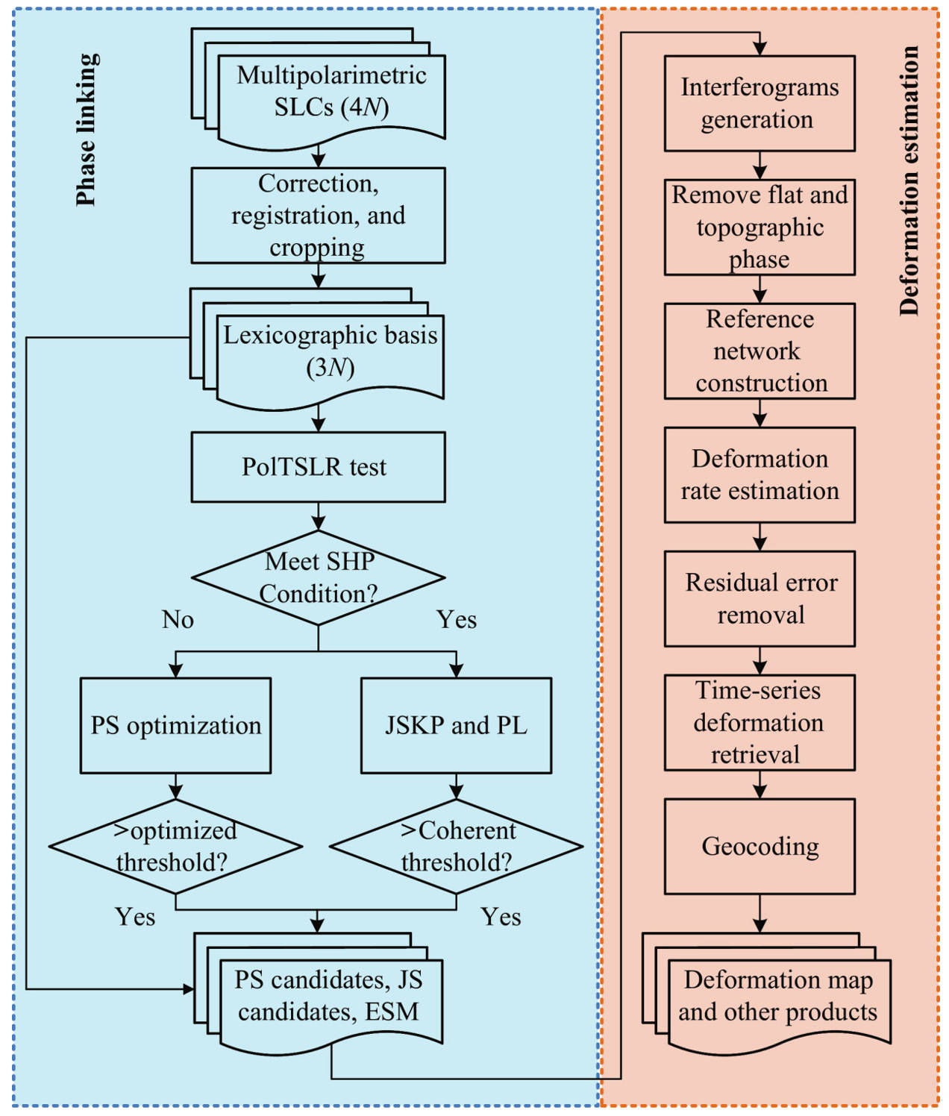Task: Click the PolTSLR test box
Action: pos(318,466)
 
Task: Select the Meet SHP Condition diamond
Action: pos(318,577)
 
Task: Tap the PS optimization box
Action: pos(175,725)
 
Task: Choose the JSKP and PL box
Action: pos(456,725)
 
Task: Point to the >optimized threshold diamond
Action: pos(175,846)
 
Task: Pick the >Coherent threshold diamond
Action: pos(456,846)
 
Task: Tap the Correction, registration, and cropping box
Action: pos(318,215)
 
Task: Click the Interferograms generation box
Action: pos(759,103)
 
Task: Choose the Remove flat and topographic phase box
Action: pos(759,227)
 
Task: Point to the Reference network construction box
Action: pos(759,351)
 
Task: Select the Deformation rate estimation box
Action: pos(759,474)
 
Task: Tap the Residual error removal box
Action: pos(759,598)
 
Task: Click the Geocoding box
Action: pos(759,846)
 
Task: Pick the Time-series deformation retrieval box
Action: pos(759,722)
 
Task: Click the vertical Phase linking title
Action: pos(87,130)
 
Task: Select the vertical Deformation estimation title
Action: pos(909,181)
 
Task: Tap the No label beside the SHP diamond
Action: pos(178,619)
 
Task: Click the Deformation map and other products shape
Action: pos(777,997)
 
